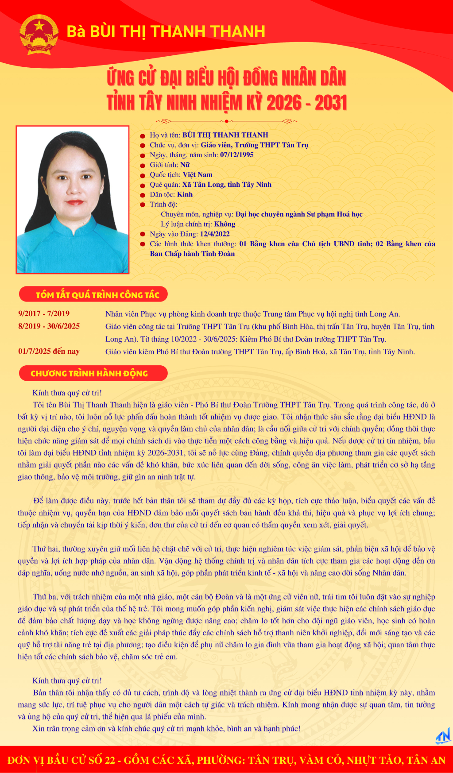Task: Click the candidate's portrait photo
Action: (73, 200)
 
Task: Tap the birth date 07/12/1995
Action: (236, 155)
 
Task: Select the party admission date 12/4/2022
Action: (214, 234)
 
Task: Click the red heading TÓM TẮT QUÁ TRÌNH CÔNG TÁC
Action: (97, 295)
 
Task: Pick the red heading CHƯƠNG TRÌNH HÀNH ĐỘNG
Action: (89, 373)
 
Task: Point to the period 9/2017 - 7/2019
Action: (44, 313)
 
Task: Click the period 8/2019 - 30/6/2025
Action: (49, 326)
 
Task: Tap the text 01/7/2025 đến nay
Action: (49, 351)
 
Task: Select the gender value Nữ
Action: (185, 165)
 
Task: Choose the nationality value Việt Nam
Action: (197, 174)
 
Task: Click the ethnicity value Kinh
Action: (185, 194)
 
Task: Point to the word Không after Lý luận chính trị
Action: (225, 224)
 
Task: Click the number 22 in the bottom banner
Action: (108, 760)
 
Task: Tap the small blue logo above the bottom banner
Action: (443, 736)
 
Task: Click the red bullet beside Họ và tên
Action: (143, 135)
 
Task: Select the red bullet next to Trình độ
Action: (143, 205)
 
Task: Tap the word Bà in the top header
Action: (76, 31)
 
